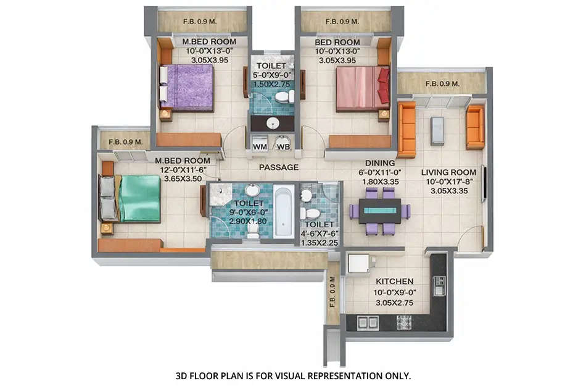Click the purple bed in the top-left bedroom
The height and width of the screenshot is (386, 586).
190,87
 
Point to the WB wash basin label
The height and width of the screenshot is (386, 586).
283,146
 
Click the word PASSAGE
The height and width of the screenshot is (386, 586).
279,167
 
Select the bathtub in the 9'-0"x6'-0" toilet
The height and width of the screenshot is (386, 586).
284,211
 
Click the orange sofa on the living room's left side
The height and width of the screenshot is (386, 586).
407,130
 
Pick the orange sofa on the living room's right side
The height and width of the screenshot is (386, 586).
475,127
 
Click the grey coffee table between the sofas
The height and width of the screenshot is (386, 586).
437,130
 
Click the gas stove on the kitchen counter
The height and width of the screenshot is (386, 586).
404,322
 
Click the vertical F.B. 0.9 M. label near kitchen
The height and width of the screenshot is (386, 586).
332,293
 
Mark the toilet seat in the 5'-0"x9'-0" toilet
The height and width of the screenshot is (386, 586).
283,97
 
